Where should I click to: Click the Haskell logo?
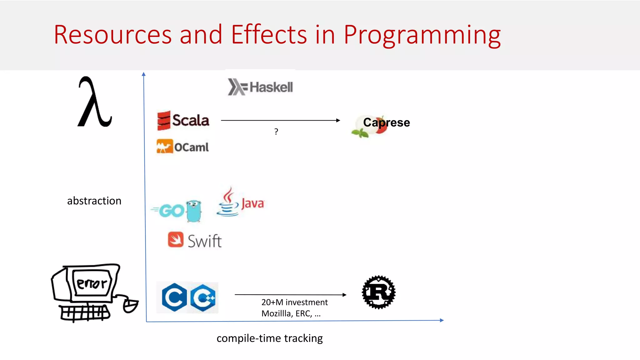click(x=260, y=87)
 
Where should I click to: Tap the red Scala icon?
click(x=164, y=120)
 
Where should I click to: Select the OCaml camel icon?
click(x=164, y=147)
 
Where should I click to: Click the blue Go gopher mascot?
click(x=194, y=211)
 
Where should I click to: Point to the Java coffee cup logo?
click(x=228, y=202)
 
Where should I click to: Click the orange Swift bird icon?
click(x=176, y=240)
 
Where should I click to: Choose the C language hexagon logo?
click(x=174, y=297)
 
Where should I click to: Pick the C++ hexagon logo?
click(x=203, y=297)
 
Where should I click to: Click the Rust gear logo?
click(x=378, y=292)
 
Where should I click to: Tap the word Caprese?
click(x=386, y=122)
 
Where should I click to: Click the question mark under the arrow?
click(x=276, y=132)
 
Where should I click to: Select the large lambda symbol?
click(x=94, y=102)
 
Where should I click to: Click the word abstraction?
click(x=94, y=201)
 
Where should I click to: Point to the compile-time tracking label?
click(x=269, y=338)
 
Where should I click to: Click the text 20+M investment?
click(x=294, y=302)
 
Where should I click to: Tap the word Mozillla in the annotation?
click(x=276, y=313)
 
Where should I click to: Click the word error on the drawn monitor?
click(x=92, y=283)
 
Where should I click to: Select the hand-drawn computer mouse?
click(x=130, y=306)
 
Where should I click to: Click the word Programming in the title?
click(x=422, y=35)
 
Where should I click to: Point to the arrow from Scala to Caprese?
click(x=280, y=120)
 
